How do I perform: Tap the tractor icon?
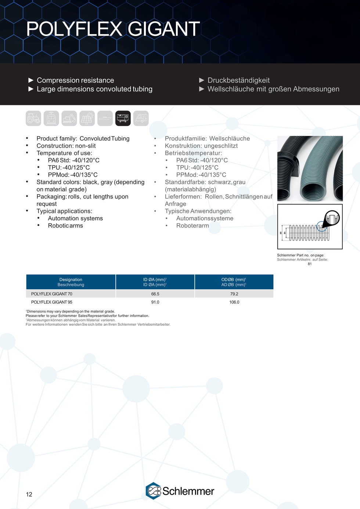click(33, 118)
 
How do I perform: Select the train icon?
click(51, 118)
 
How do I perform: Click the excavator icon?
click(69, 118)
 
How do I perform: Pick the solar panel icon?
click(87, 118)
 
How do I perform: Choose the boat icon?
click(105, 118)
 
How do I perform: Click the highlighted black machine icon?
click(123, 118)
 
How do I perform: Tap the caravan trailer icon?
click(141, 118)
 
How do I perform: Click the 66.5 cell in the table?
click(155, 294)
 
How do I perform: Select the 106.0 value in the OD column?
click(234, 302)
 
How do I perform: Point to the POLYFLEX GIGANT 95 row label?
click(52, 302)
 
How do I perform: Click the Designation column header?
click(71, 282)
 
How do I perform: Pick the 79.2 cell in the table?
click(234, 294)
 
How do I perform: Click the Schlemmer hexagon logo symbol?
click(153, 491)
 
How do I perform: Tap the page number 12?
click(29, 494)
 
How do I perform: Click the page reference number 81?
click(310, 264)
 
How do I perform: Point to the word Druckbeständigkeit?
click(238, 80)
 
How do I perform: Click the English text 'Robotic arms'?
click(65, 225)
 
